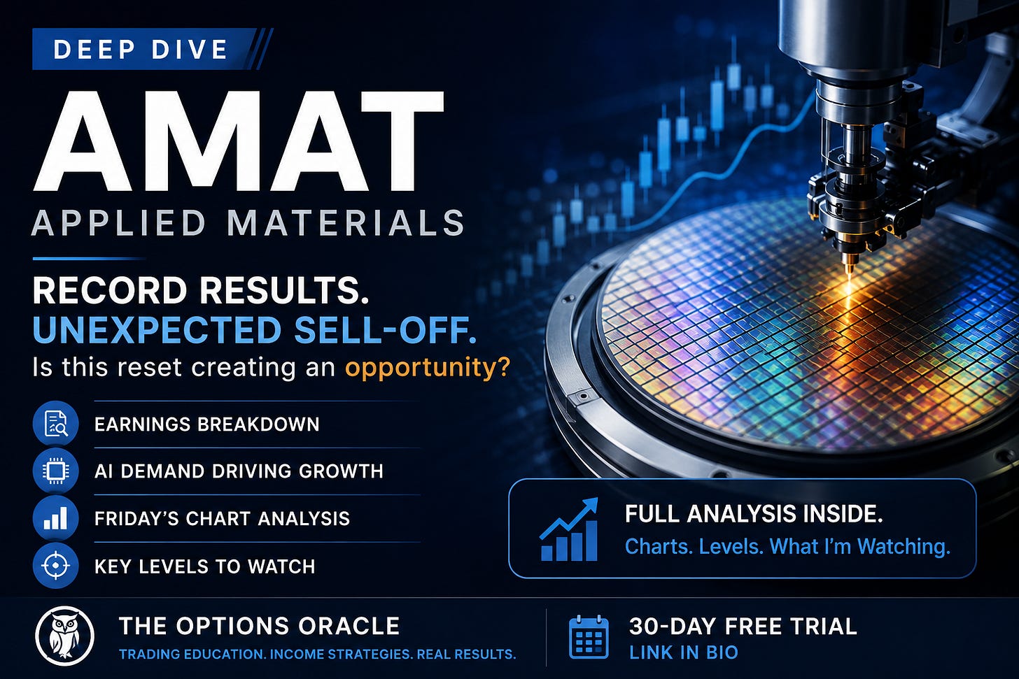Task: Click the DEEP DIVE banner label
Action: click(x=140, y=49)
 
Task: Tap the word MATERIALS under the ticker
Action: click(x=345, y=222)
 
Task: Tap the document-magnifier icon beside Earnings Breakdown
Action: click(x=55, y=424)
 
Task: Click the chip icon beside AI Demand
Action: click(x=55, y=471)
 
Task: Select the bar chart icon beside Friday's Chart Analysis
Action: click(x=55, y=518)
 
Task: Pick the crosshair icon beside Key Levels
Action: click(x=55, y=566)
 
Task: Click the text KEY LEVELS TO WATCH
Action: click(x=204, y=566)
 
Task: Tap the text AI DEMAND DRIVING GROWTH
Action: click(x=239, y=471)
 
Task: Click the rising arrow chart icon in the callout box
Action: click(x=568, y=529)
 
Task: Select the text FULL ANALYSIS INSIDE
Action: click(x=754, y=514)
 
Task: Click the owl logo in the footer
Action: click(x=64, y=636)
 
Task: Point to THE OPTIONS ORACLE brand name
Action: click(x=259, y=626)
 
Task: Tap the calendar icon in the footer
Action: click(x=589, y=637)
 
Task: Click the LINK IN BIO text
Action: click(x=684, y=652)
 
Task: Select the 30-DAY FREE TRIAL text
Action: click(x=743, y=627)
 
